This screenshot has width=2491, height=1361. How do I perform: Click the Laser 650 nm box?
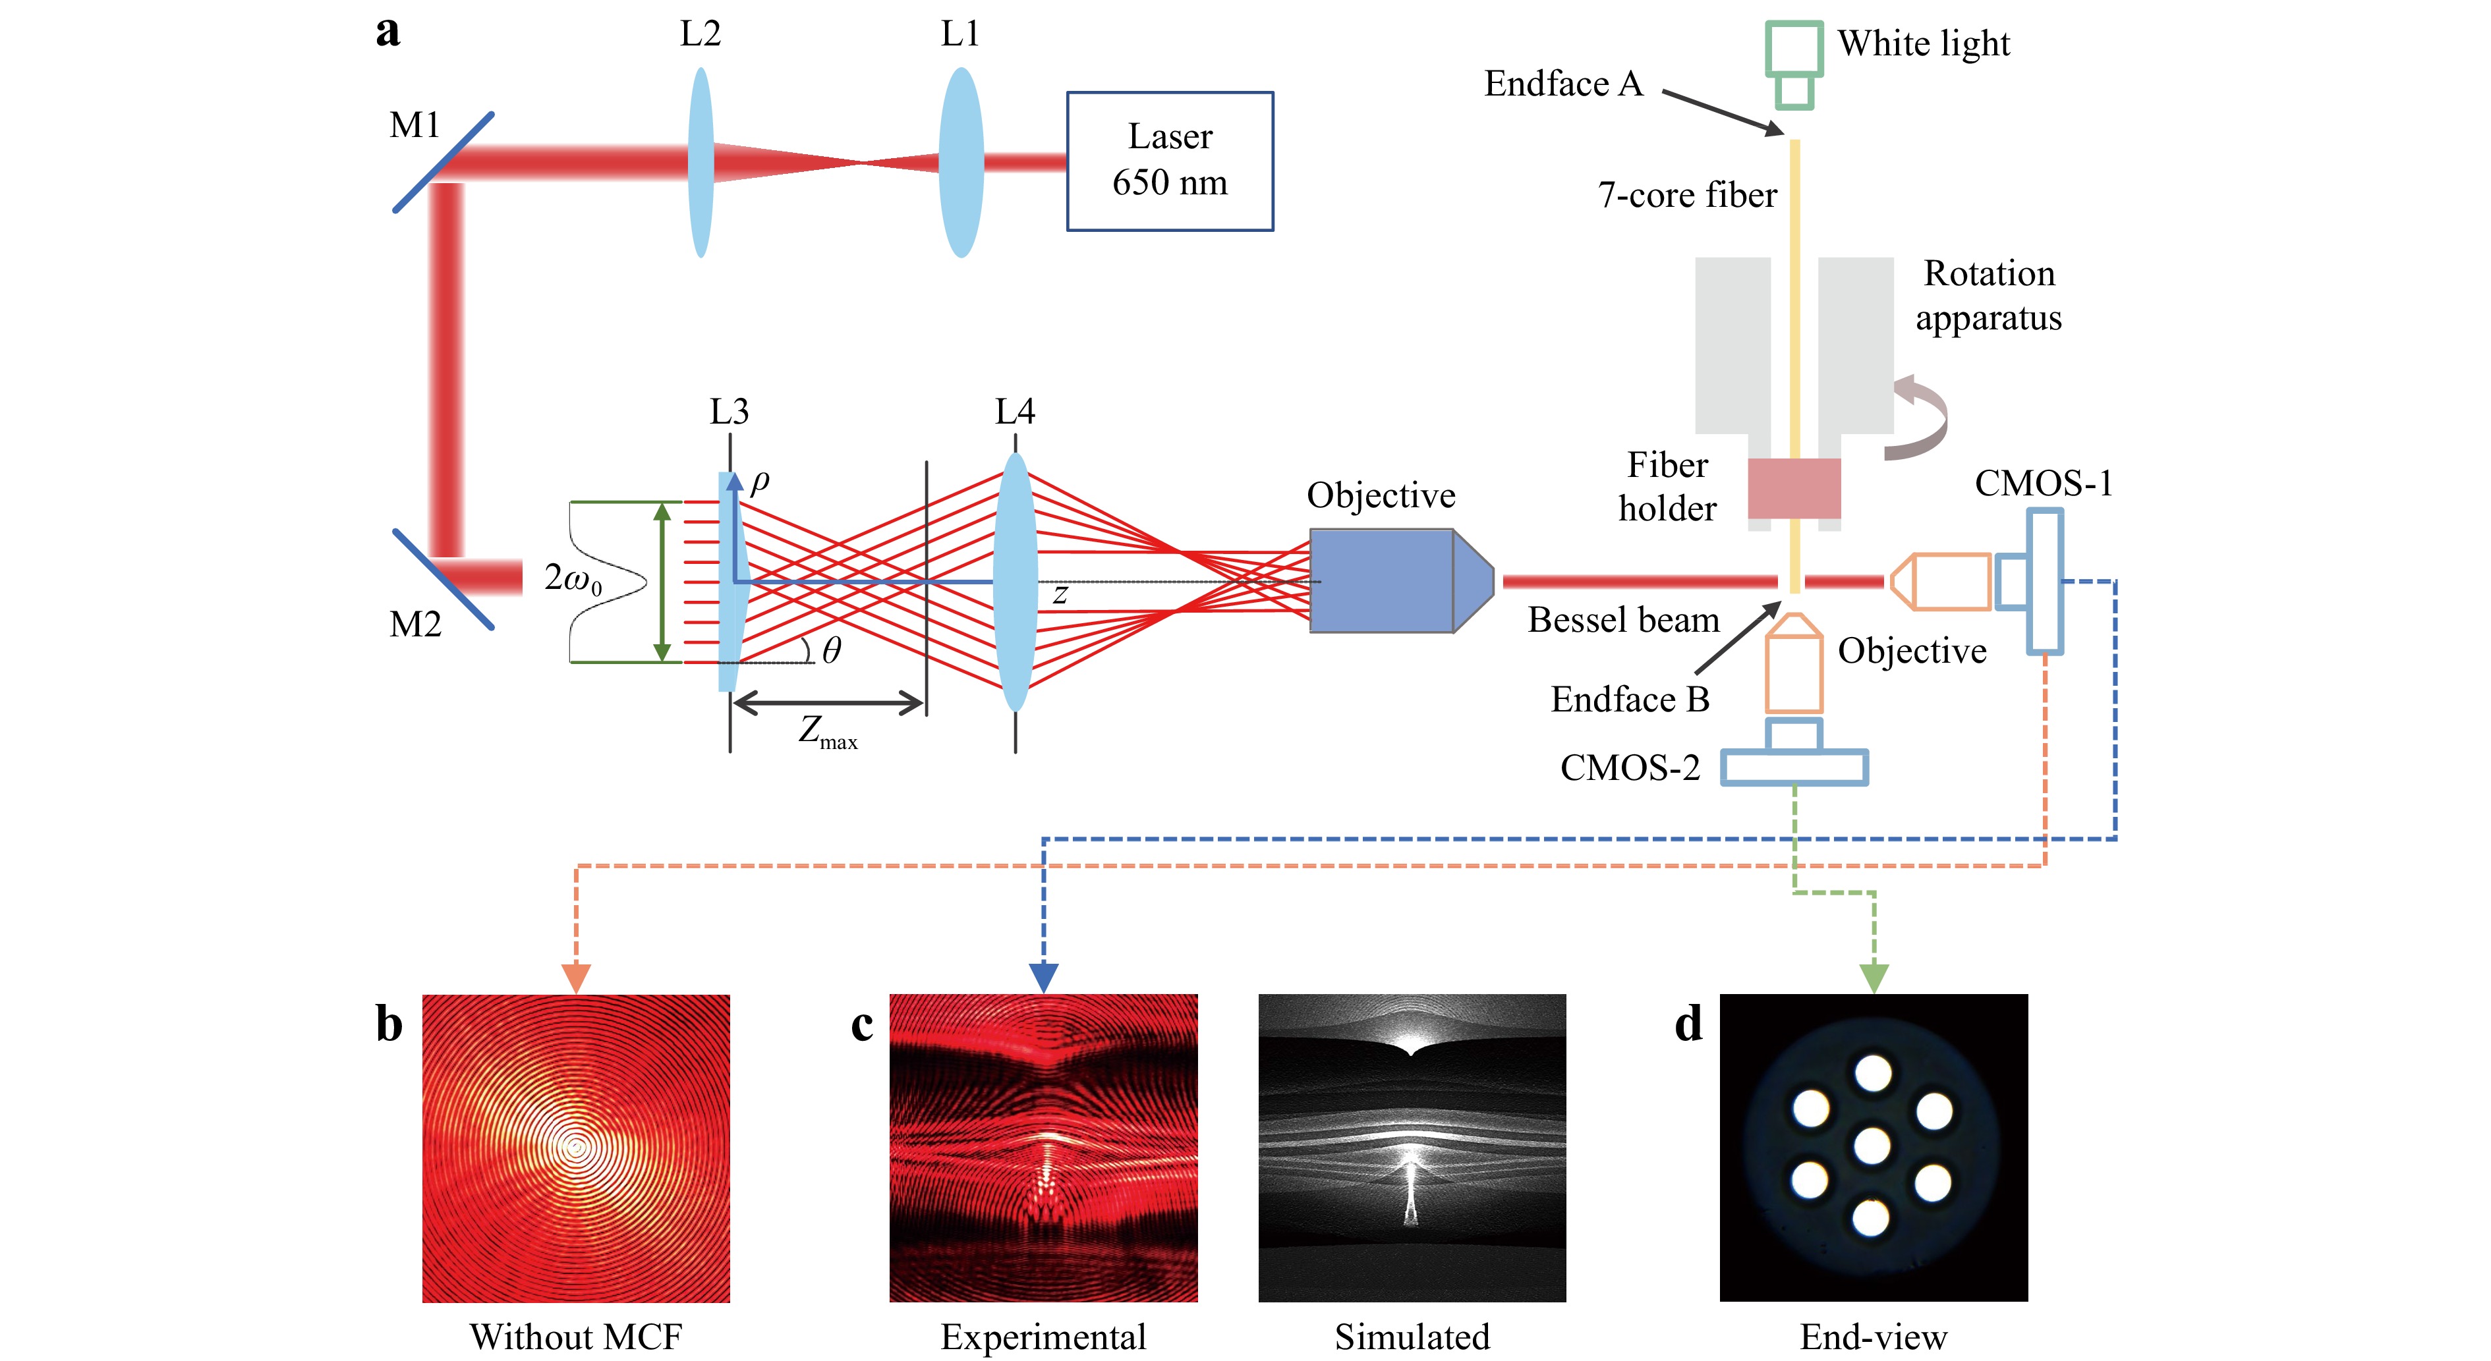1170,161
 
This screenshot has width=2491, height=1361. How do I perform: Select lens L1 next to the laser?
960,161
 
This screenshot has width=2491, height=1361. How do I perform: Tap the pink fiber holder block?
1794,488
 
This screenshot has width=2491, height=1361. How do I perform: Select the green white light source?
1794,64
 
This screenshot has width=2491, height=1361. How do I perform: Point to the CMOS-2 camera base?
1794,767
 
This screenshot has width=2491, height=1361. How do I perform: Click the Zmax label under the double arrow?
828,732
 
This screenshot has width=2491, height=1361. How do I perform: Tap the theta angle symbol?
832,651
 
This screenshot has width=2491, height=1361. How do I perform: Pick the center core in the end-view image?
1872,1146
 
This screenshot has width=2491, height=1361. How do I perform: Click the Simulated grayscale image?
1412,1148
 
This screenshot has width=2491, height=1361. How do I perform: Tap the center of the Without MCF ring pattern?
577,1148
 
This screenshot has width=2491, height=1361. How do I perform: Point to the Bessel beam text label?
1624,620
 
